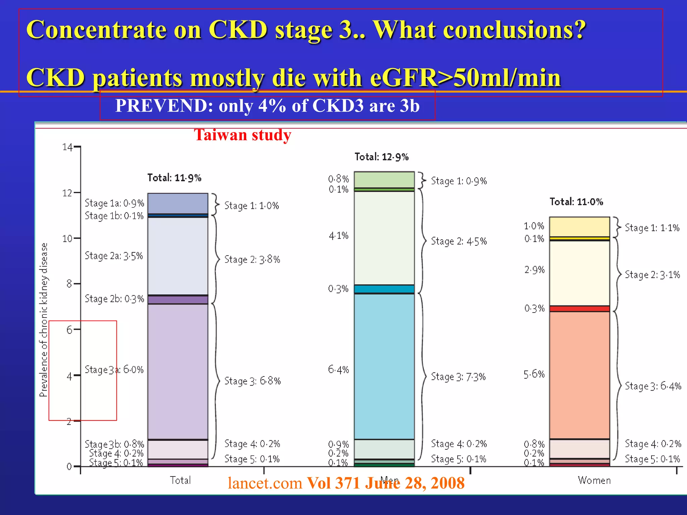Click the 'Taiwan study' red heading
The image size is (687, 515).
243,135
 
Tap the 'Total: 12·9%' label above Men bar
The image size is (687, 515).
381,157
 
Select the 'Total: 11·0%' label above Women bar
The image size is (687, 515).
576,202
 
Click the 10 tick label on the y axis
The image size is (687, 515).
67,239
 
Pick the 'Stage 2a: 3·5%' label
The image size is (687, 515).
114,256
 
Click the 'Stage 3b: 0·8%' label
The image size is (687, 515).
114,444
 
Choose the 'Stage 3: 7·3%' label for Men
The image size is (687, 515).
458,377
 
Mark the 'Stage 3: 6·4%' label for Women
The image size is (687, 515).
653,386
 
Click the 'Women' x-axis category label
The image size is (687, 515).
594,480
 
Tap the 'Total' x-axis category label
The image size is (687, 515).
180,480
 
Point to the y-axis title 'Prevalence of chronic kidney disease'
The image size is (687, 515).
44,320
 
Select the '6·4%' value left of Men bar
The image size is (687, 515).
338,370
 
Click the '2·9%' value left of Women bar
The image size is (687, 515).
534,270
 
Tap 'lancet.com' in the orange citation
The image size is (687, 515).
265,483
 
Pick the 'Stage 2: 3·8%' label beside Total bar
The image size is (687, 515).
252,260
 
